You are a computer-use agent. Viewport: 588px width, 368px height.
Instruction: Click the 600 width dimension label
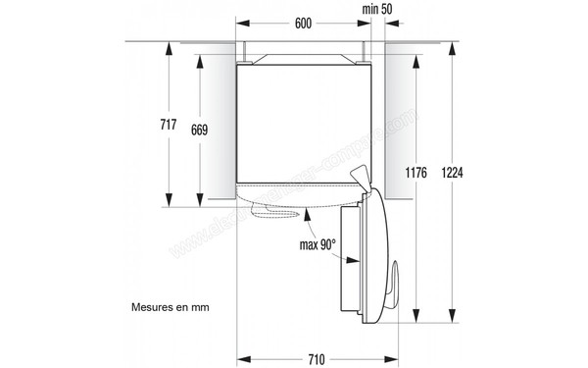pos(305,23)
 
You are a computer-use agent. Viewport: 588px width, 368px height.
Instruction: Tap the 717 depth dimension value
pos(168,125)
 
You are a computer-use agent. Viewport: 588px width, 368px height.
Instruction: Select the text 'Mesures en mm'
pos(170,306)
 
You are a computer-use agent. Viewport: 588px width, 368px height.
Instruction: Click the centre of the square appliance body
pos(305,123)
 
